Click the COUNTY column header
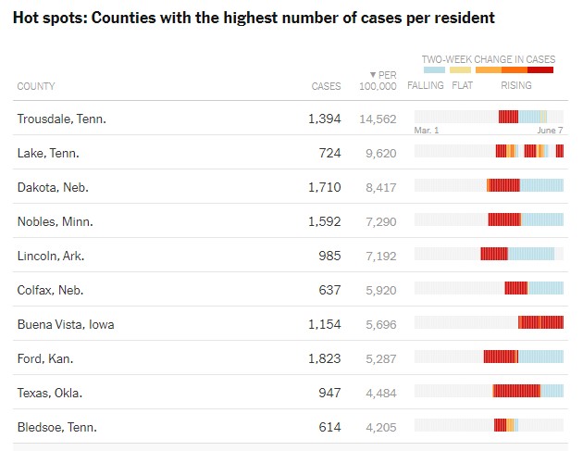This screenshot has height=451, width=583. [36, 86]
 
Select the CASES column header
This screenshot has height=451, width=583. [326, 86]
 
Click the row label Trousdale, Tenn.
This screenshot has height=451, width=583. [62, 119]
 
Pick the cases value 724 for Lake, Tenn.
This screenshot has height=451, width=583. [329, 153]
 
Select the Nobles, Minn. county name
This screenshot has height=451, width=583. [56, 221]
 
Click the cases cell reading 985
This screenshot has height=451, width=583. [329, 256]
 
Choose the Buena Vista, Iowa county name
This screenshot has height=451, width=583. [66, 324]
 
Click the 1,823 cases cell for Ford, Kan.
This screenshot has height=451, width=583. [324, 358]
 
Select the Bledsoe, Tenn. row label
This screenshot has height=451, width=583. [57, 427]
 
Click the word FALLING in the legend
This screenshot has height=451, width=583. [426, 86]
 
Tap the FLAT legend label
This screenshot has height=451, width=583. [462, 86]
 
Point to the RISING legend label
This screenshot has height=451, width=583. [516, 86]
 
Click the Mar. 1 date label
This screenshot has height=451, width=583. [427, 131]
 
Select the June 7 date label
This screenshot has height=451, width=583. [550, 131]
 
